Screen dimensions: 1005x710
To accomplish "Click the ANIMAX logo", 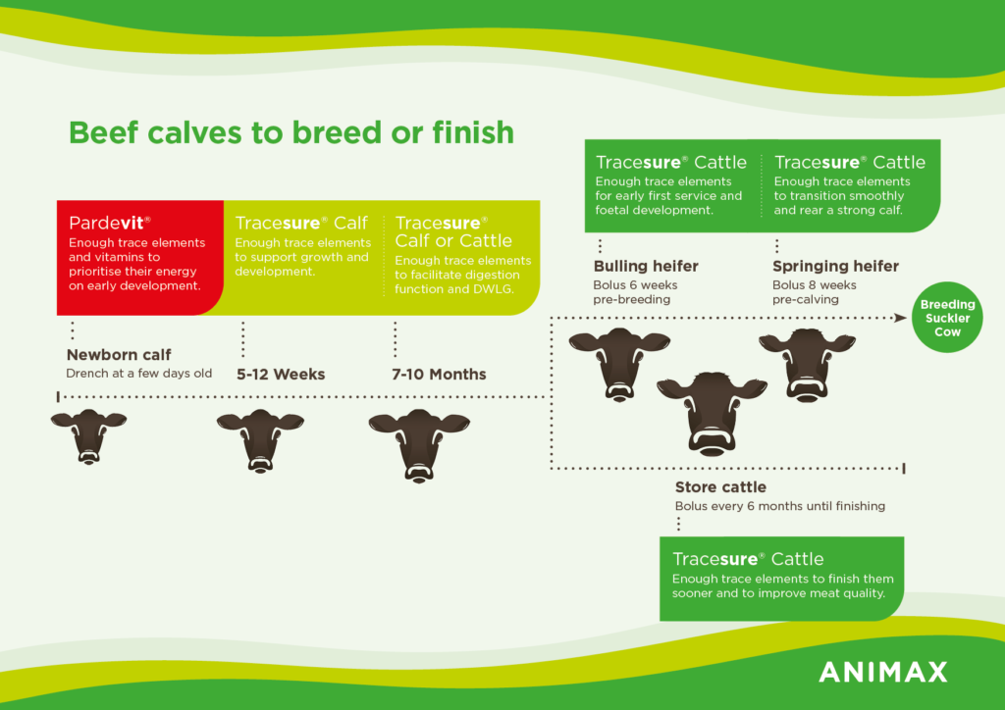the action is (882, 672).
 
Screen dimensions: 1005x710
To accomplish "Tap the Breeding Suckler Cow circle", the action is (947, 318).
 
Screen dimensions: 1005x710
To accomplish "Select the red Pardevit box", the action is (139, 257).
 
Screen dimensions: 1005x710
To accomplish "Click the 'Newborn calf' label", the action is (119, 355).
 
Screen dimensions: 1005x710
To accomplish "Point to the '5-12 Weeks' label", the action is (281, 374).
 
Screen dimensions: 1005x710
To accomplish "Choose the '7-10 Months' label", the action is (439, 374).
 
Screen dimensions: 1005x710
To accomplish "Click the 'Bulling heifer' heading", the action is (646, 267).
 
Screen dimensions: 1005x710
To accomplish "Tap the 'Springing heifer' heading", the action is (835, 267).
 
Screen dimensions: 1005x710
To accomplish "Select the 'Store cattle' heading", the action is (720, 487).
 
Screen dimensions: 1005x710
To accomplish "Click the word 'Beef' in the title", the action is (103, 132).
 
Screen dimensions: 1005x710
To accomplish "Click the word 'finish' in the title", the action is (473, 132).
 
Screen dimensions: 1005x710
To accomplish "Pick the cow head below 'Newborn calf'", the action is (88, 436).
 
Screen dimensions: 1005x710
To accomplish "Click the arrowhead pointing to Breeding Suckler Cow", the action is (901, 318).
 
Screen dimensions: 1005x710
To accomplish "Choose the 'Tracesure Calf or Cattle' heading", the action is (453, 231).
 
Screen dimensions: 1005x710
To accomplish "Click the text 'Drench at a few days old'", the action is (139, 374).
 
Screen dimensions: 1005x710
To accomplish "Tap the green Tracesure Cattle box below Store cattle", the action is (782, 579).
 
